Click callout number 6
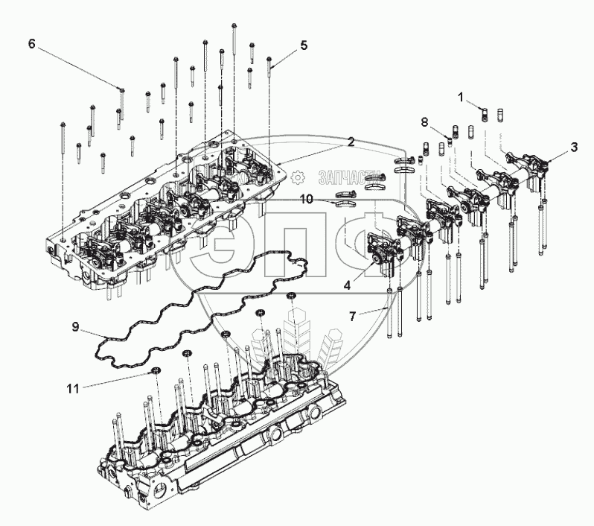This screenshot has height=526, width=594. pos(31,43)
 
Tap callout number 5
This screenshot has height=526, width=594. pos(304,45)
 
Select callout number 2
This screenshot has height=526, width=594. pos(349,141)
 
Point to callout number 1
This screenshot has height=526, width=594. pos(462,97)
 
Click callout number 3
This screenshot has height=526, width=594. pos(573,147)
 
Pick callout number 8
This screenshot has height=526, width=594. pos(424,121)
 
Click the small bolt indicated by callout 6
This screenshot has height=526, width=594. pos(122,92)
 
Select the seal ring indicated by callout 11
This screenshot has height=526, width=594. pos(156,370)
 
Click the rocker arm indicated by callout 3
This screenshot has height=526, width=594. pos(538,166)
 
